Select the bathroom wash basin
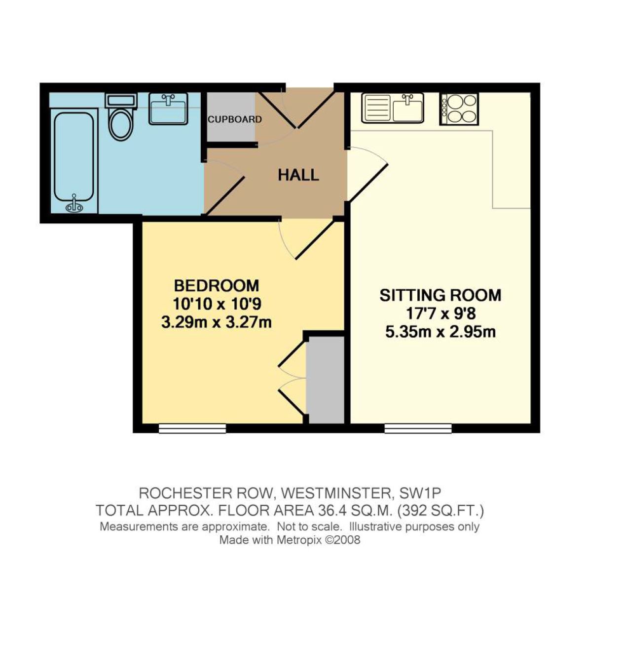pos(168,108)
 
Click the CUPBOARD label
pos(234,119)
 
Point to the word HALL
pos(298,175)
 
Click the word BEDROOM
pos(217,286)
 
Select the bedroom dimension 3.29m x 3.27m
pos(216,323)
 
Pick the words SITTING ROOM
pos(440,295)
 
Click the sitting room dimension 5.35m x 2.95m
pos(440,332)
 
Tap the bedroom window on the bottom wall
pos(192,428)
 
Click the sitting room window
pos(418,428)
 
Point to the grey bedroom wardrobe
pos(326,380)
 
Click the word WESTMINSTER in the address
pos(335,492)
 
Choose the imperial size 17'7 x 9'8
pos(440,314)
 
